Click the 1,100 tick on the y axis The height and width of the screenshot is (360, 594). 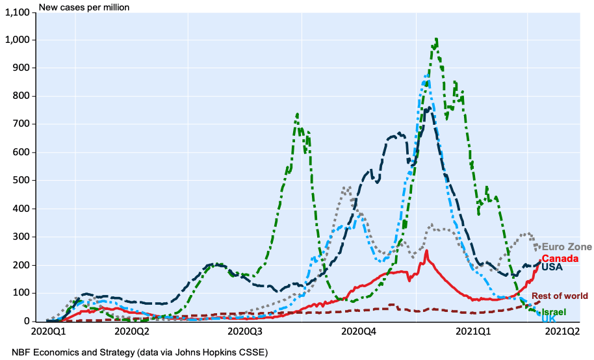(x=19, y=12)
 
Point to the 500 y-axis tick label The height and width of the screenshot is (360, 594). (x=24, y=180)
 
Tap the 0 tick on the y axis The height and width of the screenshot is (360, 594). (x=30, y=321)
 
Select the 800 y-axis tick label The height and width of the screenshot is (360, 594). (x=24, y=96)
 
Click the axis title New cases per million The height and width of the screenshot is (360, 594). (x=84, y=7)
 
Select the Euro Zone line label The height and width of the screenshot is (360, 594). (x=567, y=247)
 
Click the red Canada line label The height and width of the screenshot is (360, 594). (x=561, y=259)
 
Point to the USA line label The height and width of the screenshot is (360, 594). (x=552, y=267)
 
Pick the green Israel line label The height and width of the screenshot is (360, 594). (x=553, y=313)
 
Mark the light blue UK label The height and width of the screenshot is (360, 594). (x=548, y=319)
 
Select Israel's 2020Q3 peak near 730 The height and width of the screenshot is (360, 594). (x=297, y=114)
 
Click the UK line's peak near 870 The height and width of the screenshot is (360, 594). (x=426, y=76)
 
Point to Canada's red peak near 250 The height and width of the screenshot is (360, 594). (x=426, y=251)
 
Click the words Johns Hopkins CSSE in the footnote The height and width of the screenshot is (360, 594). (x=231, y=352)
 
